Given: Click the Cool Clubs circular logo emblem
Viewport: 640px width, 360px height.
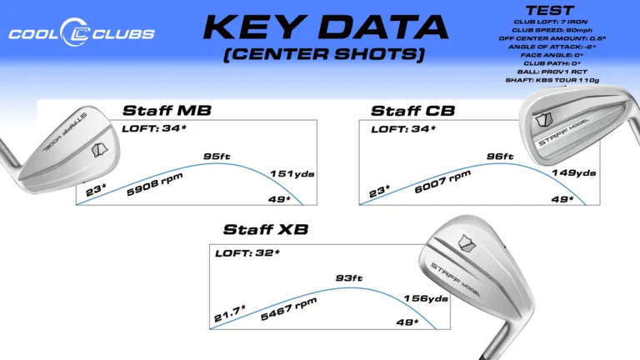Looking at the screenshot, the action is (x=75, y=32).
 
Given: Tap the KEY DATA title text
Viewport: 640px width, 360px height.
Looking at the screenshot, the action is (x=326, y=27).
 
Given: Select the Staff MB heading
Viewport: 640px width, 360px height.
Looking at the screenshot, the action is (x=167, y=111).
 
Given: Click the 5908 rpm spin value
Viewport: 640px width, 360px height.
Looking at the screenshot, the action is (x=155, y=184).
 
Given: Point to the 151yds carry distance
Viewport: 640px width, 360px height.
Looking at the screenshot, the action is (x=292, y=174).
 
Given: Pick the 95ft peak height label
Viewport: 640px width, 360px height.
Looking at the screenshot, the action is (x=217, y=157).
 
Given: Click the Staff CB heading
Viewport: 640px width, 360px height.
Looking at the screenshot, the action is (x=412, y=111).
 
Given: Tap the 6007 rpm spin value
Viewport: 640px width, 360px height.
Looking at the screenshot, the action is (x=442, y=182).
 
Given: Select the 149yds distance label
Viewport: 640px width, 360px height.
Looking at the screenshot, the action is (x=574, y=173).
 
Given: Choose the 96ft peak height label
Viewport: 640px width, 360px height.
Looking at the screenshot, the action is (x=500, y=157).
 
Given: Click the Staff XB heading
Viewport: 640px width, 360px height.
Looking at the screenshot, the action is (x=266, y=229).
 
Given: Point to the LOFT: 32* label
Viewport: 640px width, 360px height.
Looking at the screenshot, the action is (x=247, y=253).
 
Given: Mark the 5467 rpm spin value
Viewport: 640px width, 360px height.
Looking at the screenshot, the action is (x=288, y=309).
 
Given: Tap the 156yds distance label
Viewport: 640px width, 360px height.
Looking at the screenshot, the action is (x=426, y=299).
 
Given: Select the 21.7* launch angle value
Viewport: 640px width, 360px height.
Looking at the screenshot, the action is (x=230, y=313).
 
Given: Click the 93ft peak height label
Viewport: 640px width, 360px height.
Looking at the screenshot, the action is (x=349, y=278).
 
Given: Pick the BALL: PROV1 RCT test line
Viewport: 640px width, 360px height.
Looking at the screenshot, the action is (x=552, y=72).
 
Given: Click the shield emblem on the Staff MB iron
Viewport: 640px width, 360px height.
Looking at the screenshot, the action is (x=100, y=150).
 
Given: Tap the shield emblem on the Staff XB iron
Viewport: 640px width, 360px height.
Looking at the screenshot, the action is (x=467, y=243).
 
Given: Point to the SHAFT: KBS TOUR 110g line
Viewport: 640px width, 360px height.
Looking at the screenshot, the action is (x=552, y=80).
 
